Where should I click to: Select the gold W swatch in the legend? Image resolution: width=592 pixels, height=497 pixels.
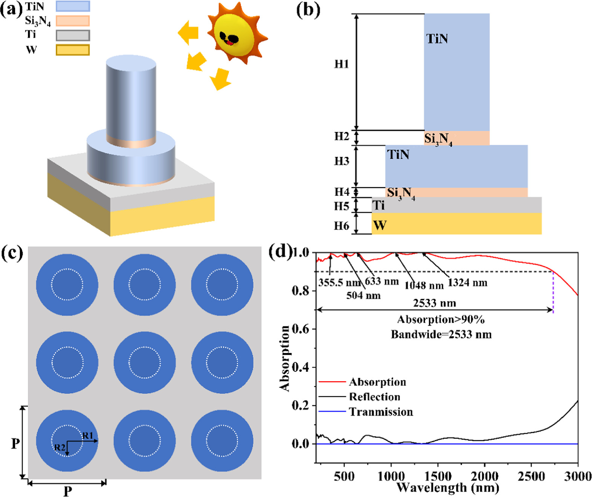coord(73,50)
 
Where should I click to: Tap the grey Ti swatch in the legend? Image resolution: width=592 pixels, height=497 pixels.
coord(73,35)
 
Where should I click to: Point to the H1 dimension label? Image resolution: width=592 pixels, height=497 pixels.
coord(342,64)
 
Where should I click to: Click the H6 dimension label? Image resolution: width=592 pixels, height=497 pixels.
coord(342,225)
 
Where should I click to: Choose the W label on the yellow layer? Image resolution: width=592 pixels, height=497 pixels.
coord(379,225)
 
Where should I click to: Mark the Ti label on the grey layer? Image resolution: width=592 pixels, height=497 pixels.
coord(379,205)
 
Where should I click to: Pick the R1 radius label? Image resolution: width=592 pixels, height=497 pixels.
coord(87,436)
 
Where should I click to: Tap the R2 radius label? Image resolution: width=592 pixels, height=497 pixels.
coord(60,448)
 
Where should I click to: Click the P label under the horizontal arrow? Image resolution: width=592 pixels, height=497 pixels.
coord(67,491)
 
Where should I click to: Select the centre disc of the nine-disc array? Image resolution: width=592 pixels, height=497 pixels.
coord(144,362)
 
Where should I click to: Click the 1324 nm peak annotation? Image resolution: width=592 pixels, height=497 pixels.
coord(468,283)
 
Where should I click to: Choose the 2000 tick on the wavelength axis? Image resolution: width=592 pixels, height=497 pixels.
coord(485,476)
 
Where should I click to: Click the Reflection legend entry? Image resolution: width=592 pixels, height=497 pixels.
coord(374,397)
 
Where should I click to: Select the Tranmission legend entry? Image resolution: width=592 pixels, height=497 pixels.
coord(380,412)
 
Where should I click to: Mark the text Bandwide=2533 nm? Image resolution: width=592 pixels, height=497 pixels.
coord(441,334)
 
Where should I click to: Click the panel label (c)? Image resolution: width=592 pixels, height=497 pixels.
coord(12,253)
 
